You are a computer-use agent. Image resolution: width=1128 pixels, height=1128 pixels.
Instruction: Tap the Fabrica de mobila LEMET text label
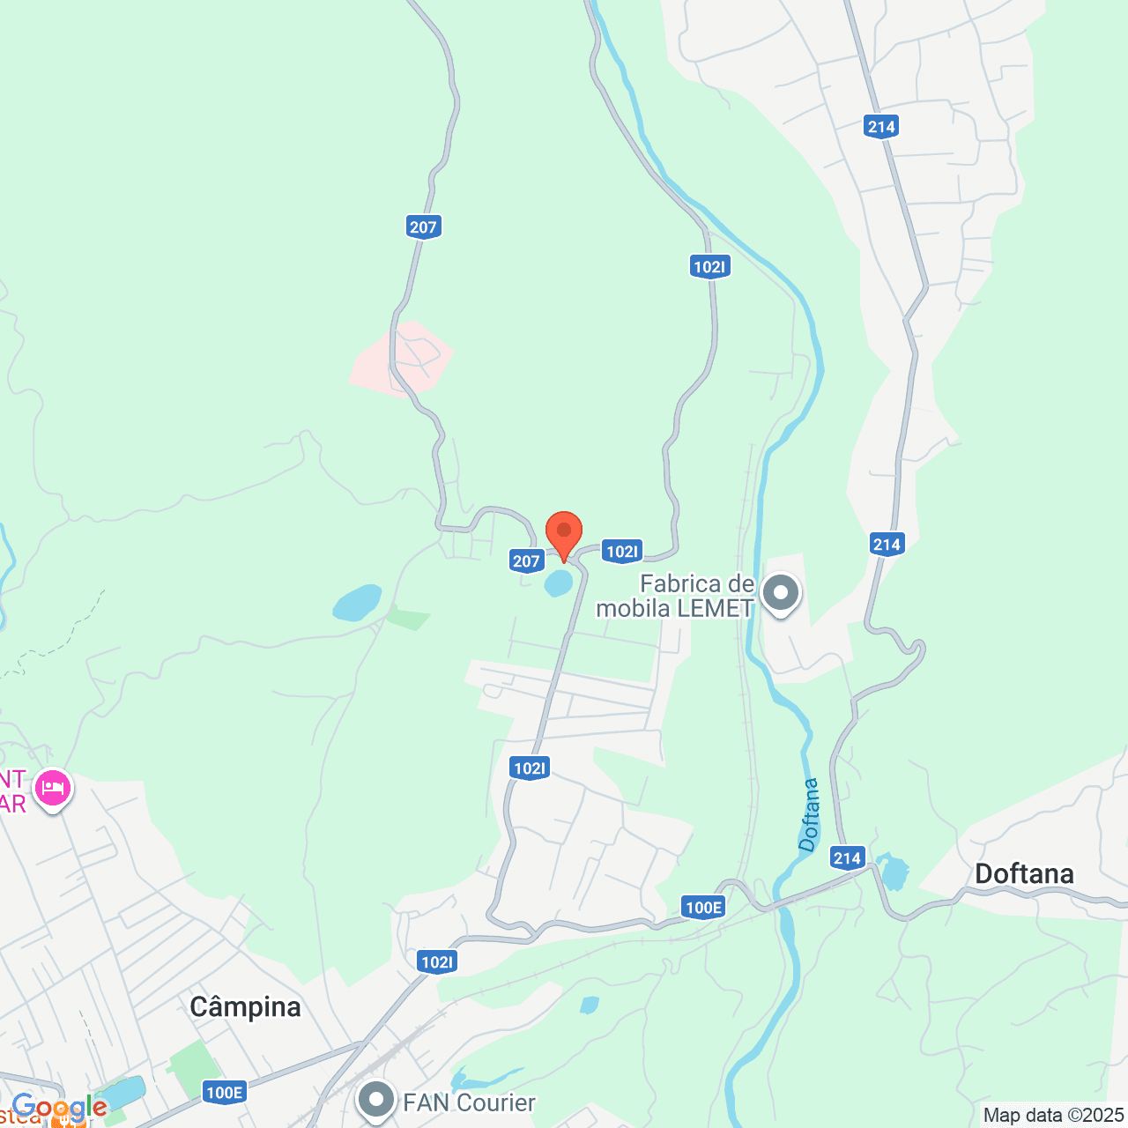coord(676,596)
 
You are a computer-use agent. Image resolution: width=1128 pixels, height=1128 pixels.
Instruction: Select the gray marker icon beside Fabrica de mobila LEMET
coord(781,593)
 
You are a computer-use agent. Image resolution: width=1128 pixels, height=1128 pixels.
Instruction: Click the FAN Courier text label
coord(469,1102)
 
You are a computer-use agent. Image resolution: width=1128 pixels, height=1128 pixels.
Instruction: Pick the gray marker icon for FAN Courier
coord(377,1100)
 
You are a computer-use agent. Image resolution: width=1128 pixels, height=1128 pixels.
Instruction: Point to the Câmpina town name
coord(245,1006)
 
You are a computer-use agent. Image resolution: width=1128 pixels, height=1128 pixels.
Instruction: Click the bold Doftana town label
coord(1024,873)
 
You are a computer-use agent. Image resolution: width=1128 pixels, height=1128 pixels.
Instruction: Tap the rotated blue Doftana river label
coord(809,814)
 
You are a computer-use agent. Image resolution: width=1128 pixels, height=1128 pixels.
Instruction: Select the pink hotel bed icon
coord(54,788)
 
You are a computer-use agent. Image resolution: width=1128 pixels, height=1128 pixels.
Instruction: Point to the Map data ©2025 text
coord(1053,1115)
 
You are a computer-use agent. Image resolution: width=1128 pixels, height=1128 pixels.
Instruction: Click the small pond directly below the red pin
coord(559,583)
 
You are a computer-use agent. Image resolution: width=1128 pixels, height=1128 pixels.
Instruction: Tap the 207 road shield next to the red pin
coord(526,560)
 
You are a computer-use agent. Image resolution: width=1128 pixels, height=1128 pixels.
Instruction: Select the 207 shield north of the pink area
coord(423,226)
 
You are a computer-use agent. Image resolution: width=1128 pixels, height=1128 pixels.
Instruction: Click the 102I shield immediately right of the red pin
coord(622,552)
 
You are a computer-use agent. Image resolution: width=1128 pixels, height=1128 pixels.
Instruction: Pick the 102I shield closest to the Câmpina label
coord(437,961)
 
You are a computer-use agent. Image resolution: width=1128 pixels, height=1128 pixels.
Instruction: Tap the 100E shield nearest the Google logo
coord(224,1093)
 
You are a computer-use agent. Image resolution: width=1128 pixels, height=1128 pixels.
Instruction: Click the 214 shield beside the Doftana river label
coord(847,857)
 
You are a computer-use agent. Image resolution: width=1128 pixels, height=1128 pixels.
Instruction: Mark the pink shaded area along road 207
coord(401,358)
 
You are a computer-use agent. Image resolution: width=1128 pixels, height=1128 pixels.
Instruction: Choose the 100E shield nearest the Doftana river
coord(703,907)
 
